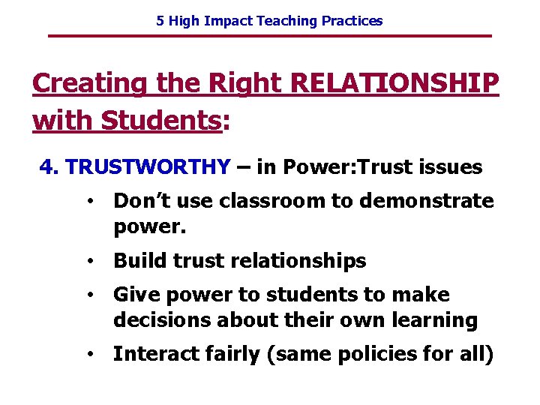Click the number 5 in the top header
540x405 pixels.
[160, 21]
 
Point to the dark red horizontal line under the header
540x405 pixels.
[269, 36]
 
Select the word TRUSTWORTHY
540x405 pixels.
[148, 167]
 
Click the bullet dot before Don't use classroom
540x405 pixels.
[88, 201]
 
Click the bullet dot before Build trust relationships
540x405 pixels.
[88, 261]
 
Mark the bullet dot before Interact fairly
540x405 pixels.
[88, 355]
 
